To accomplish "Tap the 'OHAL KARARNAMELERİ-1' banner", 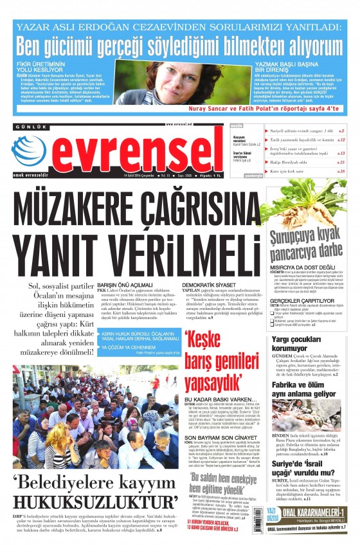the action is (318, 510).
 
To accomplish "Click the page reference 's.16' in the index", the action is (341, 172).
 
